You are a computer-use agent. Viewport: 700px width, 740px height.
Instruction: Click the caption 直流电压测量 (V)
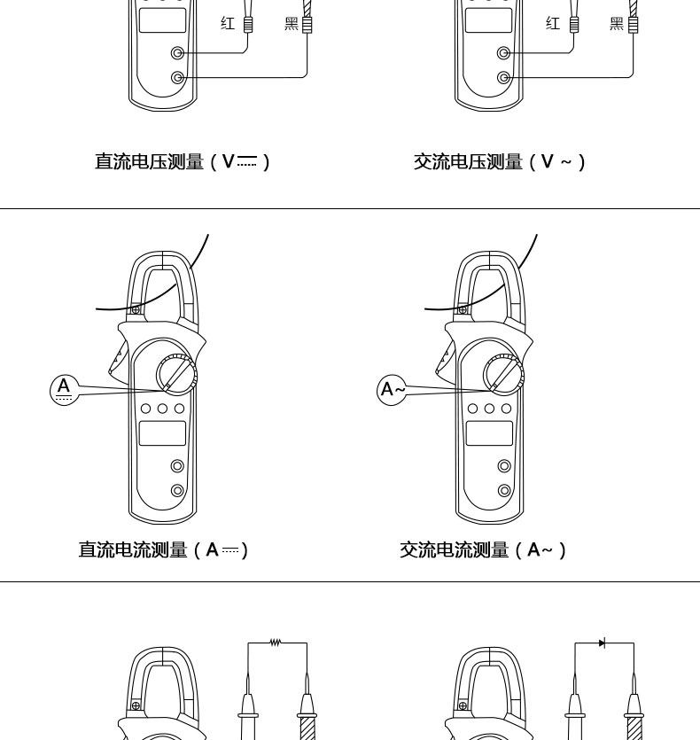pos(182,161)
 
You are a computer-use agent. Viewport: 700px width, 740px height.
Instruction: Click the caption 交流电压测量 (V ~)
pos(500,161)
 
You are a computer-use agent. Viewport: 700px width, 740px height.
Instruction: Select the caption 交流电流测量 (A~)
pos(484,550)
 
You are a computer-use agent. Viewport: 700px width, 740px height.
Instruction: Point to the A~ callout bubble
pos(391,389)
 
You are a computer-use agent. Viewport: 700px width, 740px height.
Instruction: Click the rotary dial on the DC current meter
pos(177,376)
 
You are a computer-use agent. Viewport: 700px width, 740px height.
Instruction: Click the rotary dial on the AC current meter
pos(504,376)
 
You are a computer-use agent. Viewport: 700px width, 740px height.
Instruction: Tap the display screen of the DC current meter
pos(163,433)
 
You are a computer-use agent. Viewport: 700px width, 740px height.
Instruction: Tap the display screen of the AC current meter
pos(489,433)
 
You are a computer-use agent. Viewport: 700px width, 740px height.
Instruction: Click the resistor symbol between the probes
pos(276,643)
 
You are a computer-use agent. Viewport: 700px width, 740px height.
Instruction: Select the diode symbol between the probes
pos(603,643)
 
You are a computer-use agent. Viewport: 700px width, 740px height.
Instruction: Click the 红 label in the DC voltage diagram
pos(228,25)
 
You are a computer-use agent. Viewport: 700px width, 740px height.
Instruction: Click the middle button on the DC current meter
pos(163,409)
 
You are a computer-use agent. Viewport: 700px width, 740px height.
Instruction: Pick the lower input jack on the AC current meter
pos(504,490)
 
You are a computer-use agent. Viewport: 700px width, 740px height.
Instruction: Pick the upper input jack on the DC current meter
pos(177,466)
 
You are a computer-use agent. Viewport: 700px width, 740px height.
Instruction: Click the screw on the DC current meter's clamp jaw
pos(136,310)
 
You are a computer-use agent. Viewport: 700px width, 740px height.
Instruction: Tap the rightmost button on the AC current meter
pos(506,409)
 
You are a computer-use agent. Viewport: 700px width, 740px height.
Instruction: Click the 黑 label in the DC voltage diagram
pos(291,25)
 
